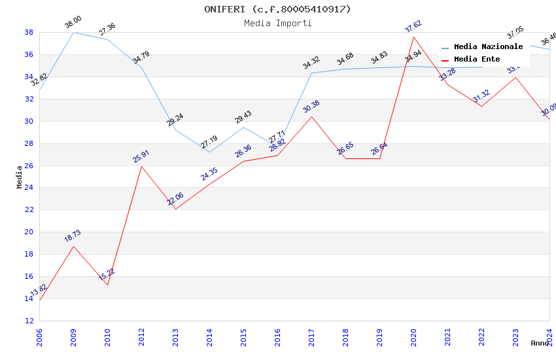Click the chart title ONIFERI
(277, 9)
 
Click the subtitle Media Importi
(277, 23)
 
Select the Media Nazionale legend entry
(487, 46)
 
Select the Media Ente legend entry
(476, 59)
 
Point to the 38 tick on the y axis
(29, 32)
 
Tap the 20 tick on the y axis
(29, 232)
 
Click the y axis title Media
(20, 177)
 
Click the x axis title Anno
(540, 343)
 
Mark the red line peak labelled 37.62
(414, 37)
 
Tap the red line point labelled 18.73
(74, 246)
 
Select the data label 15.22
(107, 274)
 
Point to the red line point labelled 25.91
(142, 166)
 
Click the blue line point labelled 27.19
(210, 152)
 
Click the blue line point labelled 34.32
(312, 73)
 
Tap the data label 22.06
(175, 199)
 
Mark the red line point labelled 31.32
(482, 106)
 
